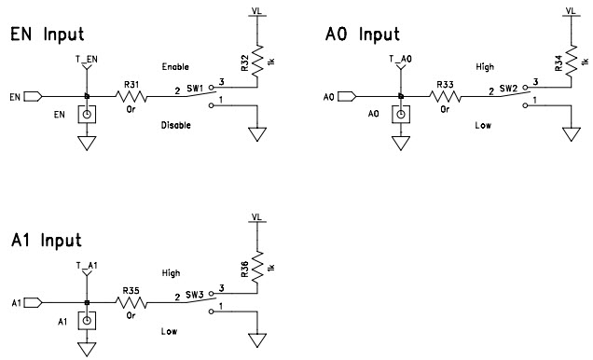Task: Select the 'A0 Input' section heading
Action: tap(361, 35)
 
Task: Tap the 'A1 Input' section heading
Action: tap(47, 241)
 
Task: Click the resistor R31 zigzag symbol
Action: tap(131, 96)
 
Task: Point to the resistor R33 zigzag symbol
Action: tap(445, 96)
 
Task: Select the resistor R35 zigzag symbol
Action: tap(131, 303)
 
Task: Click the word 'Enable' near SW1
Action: tap(175, 67)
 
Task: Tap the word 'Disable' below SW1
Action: tap(176, 125)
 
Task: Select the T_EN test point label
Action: tap(86, 59)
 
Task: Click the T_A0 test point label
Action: tap(400, 59)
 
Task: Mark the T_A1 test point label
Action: tap(86, 266)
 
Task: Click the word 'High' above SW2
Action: tap(484, 67)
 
